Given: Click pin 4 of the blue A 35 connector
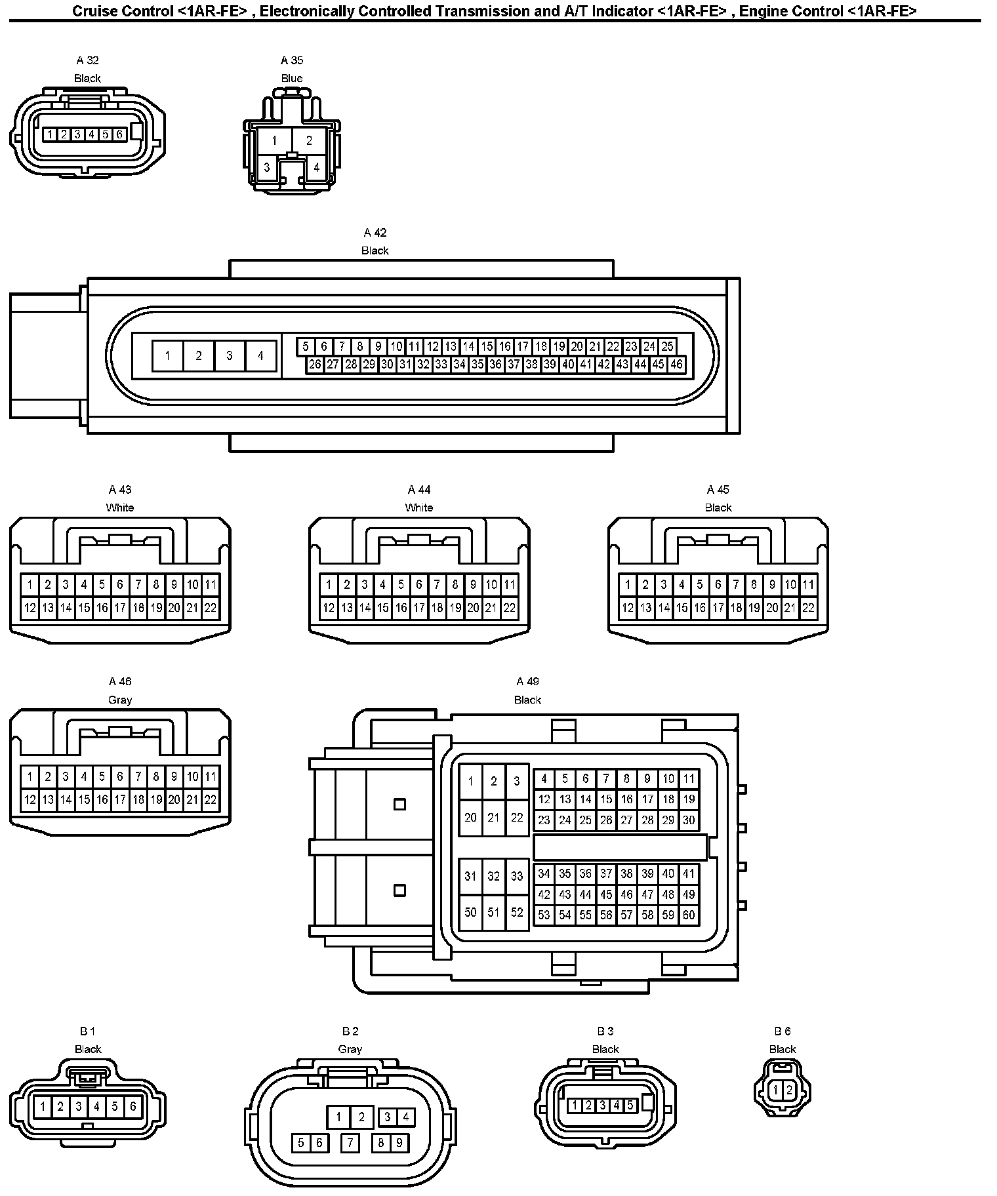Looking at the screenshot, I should coord(317,167).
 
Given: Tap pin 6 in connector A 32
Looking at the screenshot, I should coord(119,134).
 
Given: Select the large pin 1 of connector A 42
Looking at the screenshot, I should coord(168,356).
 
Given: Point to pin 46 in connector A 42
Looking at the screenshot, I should coord(676,365).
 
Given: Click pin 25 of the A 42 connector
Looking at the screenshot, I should coord(667,346).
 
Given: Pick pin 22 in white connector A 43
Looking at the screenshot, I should coord(210,608).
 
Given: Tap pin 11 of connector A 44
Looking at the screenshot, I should coord(509,584).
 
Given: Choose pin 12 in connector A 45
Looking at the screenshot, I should coord(628,608).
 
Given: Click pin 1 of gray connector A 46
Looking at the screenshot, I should coord(30,777).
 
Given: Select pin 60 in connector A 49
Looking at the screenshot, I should coord(689,915).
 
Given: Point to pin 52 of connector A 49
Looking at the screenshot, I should coord(517,912).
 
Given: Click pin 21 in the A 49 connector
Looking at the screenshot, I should coord(494,818).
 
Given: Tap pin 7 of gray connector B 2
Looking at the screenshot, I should coord(350,1143).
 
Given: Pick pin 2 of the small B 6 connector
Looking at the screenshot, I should coord(789,1090).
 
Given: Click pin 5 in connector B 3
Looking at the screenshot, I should coord(630,1106).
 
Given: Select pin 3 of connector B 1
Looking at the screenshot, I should coord(78,1107).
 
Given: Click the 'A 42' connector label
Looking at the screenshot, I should coord(375,233).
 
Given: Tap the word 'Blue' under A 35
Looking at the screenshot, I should coord(292,79).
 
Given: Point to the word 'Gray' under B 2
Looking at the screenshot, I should coord(350,1049).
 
